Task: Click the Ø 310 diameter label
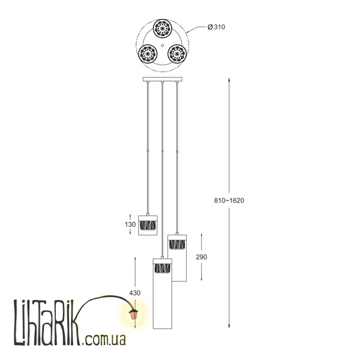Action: [x=216, y=27]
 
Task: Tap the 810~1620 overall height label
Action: [x=229, y=200]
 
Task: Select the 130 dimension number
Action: [x=130, y=224]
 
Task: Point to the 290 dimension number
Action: [x=202, y=257]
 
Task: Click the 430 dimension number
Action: [x=135, y=293]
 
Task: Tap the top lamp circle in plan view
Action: [x=163, y=28]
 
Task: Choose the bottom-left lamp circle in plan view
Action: [x=148, y=54]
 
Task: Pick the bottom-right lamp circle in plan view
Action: [x=177, y=54]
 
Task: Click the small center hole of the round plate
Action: [x=163, y=46]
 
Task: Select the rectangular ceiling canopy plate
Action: [x=163, y=79]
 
